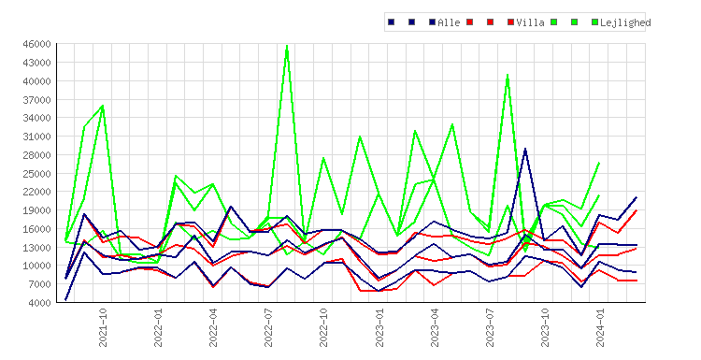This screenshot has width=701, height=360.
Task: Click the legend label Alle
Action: [449, 22]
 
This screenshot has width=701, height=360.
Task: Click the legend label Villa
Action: [530, 22]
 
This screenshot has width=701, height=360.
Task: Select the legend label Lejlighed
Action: [625, 22]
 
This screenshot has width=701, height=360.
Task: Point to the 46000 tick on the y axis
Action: [37, 44]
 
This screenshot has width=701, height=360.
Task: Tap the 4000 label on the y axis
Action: [40, 303]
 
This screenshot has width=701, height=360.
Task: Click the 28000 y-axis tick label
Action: [37, 155]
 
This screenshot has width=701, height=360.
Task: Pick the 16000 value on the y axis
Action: [37, 229]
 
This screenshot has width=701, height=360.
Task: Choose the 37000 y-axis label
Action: [37, 100]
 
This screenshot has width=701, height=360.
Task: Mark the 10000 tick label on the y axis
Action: [37, 266]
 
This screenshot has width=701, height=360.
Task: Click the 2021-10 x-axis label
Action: [103, 327]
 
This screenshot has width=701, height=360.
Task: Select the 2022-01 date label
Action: [158, 327]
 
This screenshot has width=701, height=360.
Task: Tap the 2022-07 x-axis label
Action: [268, 327]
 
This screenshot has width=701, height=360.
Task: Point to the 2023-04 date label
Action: [434, 327]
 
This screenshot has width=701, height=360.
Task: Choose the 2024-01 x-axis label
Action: [600, 327]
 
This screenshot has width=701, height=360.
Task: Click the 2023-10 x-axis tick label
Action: [545, 327]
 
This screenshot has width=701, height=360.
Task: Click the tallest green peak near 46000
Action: [287, 46]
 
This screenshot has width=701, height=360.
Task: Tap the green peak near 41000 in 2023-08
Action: [508, 75]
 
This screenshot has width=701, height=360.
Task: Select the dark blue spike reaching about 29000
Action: [525, 149]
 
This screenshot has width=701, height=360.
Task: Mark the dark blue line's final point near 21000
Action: [637, 197]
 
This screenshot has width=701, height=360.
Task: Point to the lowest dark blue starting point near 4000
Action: [65, 300]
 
